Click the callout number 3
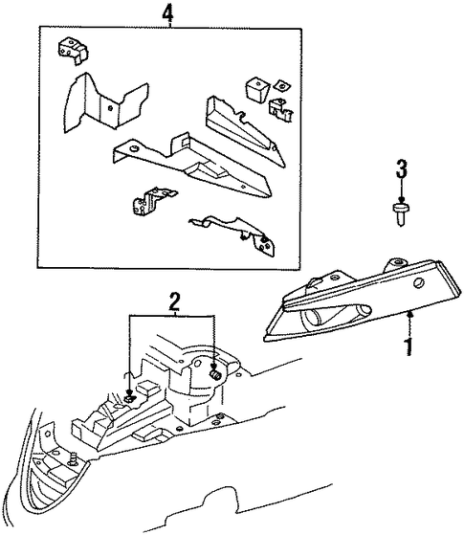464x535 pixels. click(402, 168)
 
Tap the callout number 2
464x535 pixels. click(174, 301)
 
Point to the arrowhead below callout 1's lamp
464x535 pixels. click(409, 314)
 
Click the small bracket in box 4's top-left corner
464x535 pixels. click(73, 50)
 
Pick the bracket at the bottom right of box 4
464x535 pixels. click(238, 234)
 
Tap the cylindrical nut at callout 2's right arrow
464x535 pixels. click(215, 373)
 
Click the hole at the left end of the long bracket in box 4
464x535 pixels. click(133, 148)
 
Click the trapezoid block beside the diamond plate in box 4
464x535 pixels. click(257, 89)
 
